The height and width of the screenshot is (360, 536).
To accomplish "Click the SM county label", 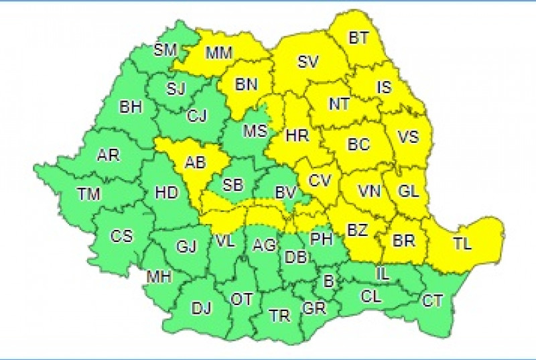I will [164, 49].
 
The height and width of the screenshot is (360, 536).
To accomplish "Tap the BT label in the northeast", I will [359, 38].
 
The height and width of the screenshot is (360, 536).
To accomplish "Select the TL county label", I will [462, 244].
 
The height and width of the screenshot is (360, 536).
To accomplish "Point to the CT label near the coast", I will [432, 301].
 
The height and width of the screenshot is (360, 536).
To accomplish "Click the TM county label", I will [88, 194].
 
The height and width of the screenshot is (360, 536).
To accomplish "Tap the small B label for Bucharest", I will [328, 282].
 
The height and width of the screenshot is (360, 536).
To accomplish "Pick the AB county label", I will [195, 163].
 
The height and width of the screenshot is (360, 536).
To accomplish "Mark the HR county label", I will [296, 135].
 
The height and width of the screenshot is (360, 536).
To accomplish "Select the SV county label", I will [308, 62].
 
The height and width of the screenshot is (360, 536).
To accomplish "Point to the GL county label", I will [408, 190].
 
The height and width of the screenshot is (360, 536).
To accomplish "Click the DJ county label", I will [201, 308].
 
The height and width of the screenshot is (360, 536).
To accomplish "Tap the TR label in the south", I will [278, 314].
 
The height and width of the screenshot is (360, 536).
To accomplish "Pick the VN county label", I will [369, 191].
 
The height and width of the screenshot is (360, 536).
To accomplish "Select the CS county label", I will [122, 236].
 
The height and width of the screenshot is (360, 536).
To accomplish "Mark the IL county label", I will [383, 273].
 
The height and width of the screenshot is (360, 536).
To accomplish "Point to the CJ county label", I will [197, 116].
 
